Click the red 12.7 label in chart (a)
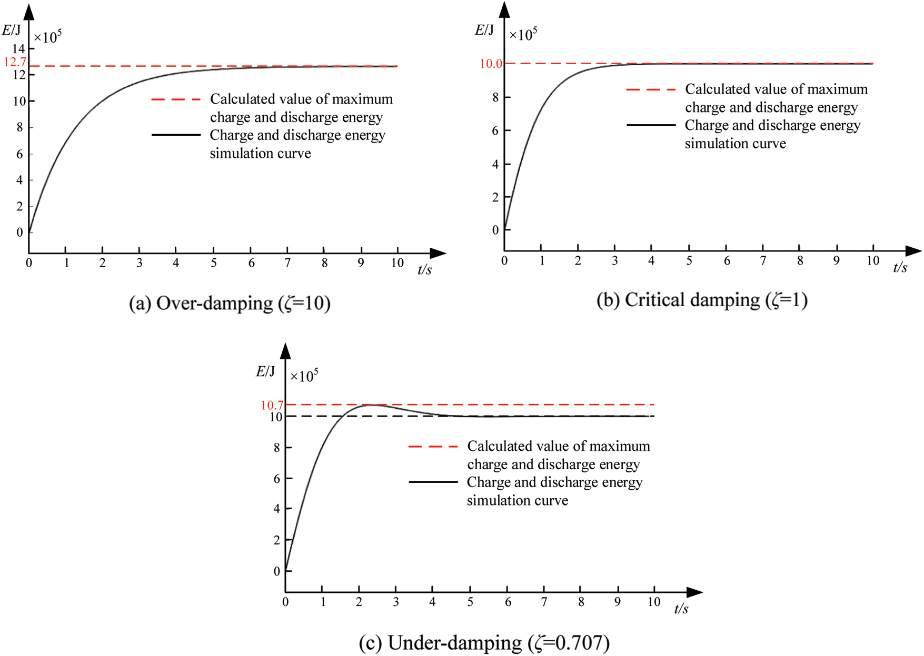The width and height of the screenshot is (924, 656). pyautogui.click(x=14, y=62)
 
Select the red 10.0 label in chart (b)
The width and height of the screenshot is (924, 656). pyautogui.click(x=490, y=64)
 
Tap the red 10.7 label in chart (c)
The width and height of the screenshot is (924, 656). pyautogui.click(x=272, y=405)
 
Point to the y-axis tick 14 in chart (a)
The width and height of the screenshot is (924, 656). pyautogui.click(x=19, y=49)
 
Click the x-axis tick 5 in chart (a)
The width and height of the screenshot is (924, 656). pyautogui.click(x=213, y=263)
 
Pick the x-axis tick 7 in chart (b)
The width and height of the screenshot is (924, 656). pyautogui.click(x=763, y=260)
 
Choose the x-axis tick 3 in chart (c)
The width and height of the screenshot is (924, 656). pyautogui.click(x=396, y=602)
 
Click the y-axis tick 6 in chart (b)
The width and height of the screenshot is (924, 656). pyautogui.click(x=495, y=130)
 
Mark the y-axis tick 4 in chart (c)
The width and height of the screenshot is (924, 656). pyautogui.click(x=276, y=509)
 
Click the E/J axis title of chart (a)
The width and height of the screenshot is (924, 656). pyautogui.click(x=11, y=30)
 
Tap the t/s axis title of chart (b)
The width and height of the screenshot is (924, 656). pyautogui.click(x=900, y=268)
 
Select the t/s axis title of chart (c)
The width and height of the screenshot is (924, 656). pyautogui.click(x=681, y=609)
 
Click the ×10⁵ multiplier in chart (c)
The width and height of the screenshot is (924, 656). pyautogui.click(x=304, y=376)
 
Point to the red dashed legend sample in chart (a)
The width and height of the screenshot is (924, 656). pyautogui.click(x=176, y=99)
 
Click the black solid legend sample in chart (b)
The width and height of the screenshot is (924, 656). pyautogui.click(x=651, y=125)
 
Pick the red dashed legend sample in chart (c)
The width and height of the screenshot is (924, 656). pyautogui.click(x=433, y=447)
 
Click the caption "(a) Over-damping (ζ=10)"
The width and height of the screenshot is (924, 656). pyautogui.click(x=230, y=304)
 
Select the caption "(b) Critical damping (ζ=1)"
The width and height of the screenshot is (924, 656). pyautogui.click(x=702, y=300)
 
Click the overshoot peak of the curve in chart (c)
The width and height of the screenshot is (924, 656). pyautogui.click(x=372, y=405)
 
